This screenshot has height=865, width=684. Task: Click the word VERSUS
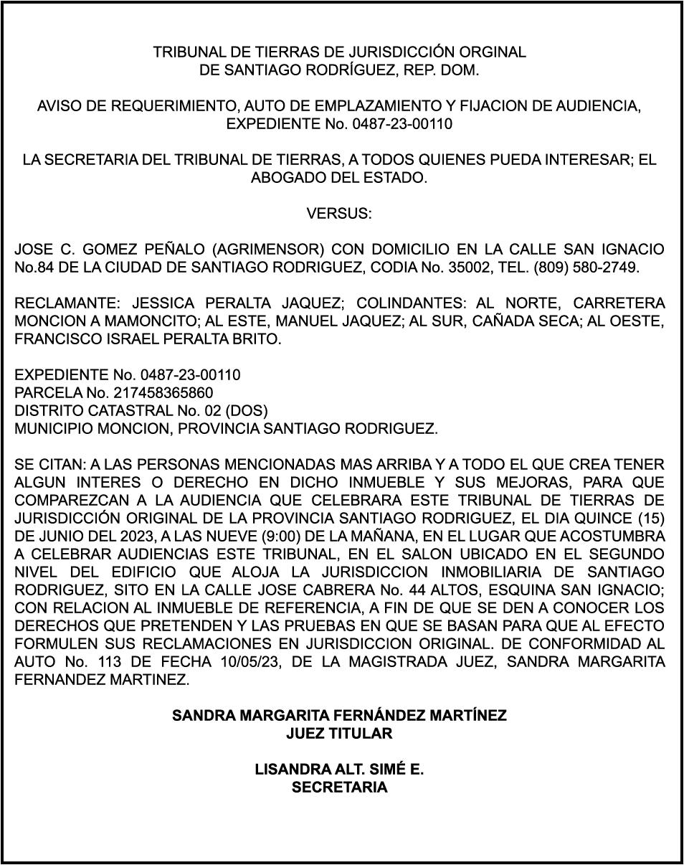tap(339, 214)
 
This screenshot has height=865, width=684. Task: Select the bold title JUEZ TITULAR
tap(339, 734)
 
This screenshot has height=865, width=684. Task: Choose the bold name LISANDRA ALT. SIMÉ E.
tap(339, 770)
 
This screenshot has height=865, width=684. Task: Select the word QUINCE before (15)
tap(607, 518)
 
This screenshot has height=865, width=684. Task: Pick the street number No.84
tap(36, 268)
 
